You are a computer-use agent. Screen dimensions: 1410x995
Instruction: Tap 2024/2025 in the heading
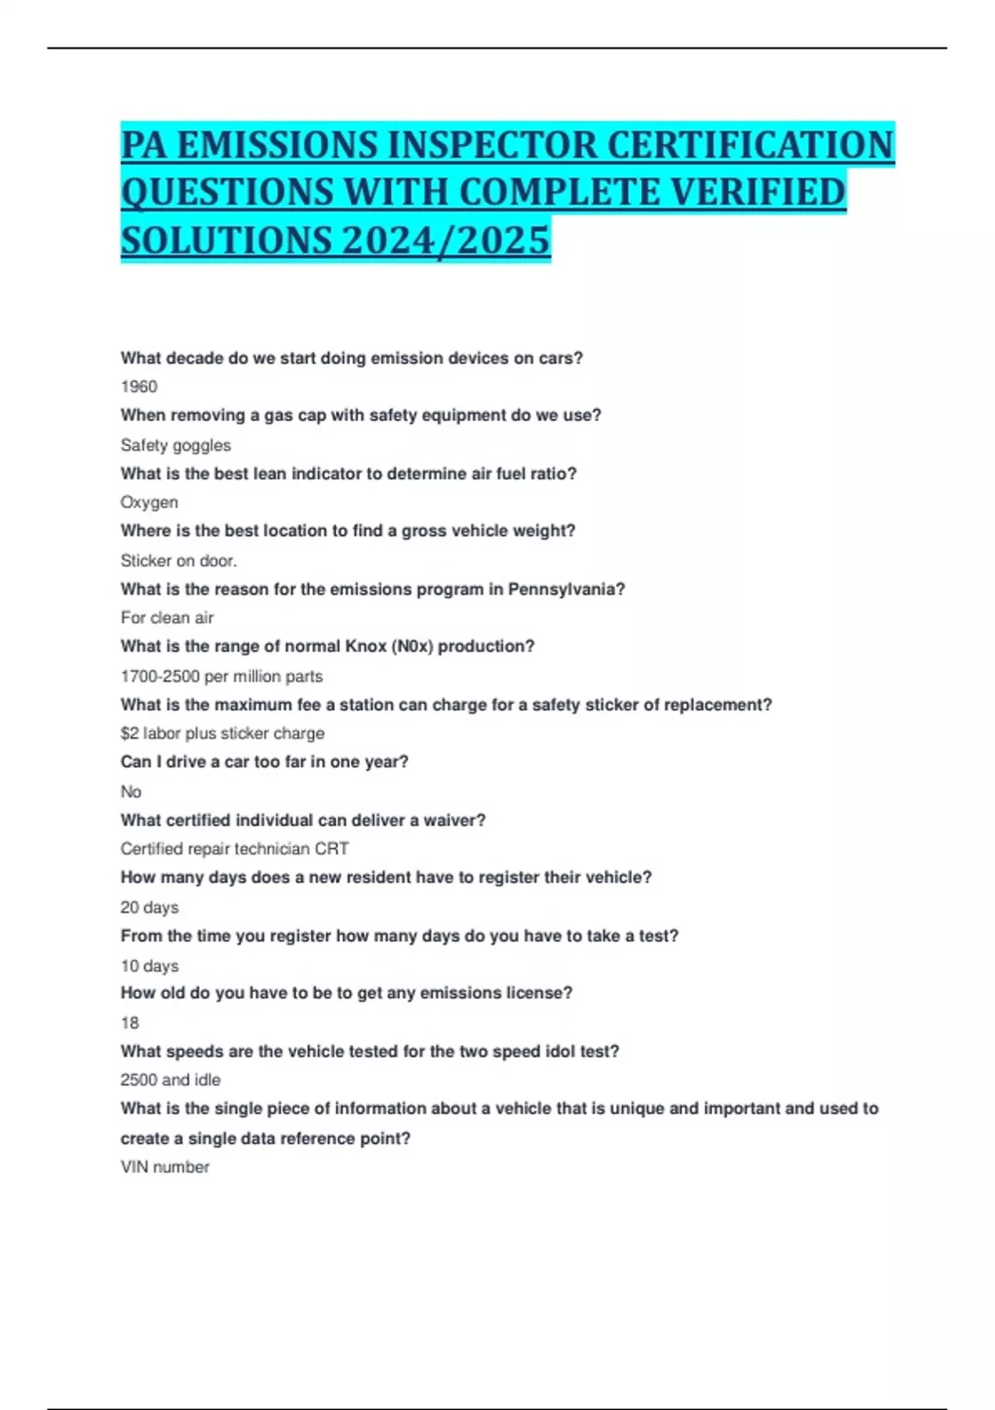point(445,241)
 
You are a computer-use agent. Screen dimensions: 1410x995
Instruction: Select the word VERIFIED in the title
point(757,192)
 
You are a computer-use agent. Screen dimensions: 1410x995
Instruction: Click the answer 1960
point(138,387)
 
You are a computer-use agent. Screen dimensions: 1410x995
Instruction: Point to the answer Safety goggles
point(176,445)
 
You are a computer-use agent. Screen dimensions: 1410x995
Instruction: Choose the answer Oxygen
point(149,503)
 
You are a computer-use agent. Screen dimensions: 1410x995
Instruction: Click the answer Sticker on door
point(179,561)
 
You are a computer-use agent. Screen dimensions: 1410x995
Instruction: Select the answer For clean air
point(167,618)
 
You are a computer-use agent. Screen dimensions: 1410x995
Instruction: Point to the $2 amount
point(129,733)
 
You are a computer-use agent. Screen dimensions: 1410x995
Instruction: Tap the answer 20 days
point(149,907)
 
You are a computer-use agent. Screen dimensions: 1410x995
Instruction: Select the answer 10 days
point(149,966)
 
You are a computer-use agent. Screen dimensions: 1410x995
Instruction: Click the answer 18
point(130,1023)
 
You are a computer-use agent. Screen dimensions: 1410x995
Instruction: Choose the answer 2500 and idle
point(171,1080)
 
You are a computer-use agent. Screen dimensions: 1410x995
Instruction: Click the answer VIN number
point(165,1167)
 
